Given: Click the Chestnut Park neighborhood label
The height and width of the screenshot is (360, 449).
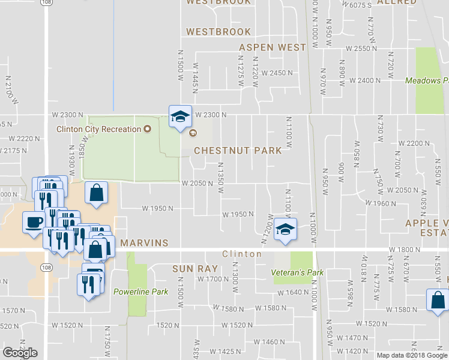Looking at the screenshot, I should click(238, 151).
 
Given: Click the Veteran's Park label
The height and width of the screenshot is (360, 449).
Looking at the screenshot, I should click(298, 272).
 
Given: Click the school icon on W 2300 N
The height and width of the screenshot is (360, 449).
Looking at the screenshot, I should click(179, 117).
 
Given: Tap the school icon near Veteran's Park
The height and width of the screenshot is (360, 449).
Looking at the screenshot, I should click(285, 229).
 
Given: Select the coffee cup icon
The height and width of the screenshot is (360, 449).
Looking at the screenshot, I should click(33, 222).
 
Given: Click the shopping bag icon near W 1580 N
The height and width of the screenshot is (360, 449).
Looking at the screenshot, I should click(438, 299).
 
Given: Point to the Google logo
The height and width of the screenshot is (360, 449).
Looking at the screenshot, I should click(20, 353).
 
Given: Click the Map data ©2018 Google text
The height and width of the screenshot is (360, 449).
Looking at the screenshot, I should click(412, 355).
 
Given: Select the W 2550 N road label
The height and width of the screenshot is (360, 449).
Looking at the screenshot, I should click(358, 48).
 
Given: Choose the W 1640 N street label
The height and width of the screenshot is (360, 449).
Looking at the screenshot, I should click(294, 293).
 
